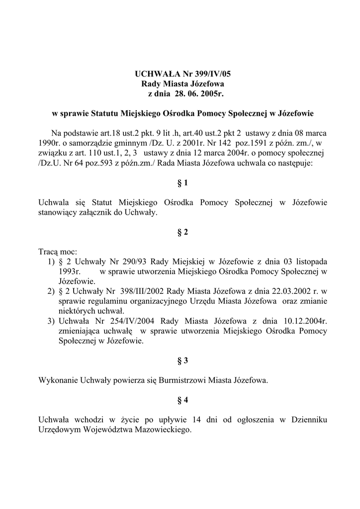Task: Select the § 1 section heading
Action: pyautogui.click(x=182, y=183)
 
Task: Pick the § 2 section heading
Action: pyautogui.click(x=182, y=232)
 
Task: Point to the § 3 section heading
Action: pyautogui.click(x=182, y=359)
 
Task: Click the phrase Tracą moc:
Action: pyautogui.click(x=58, y=252)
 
